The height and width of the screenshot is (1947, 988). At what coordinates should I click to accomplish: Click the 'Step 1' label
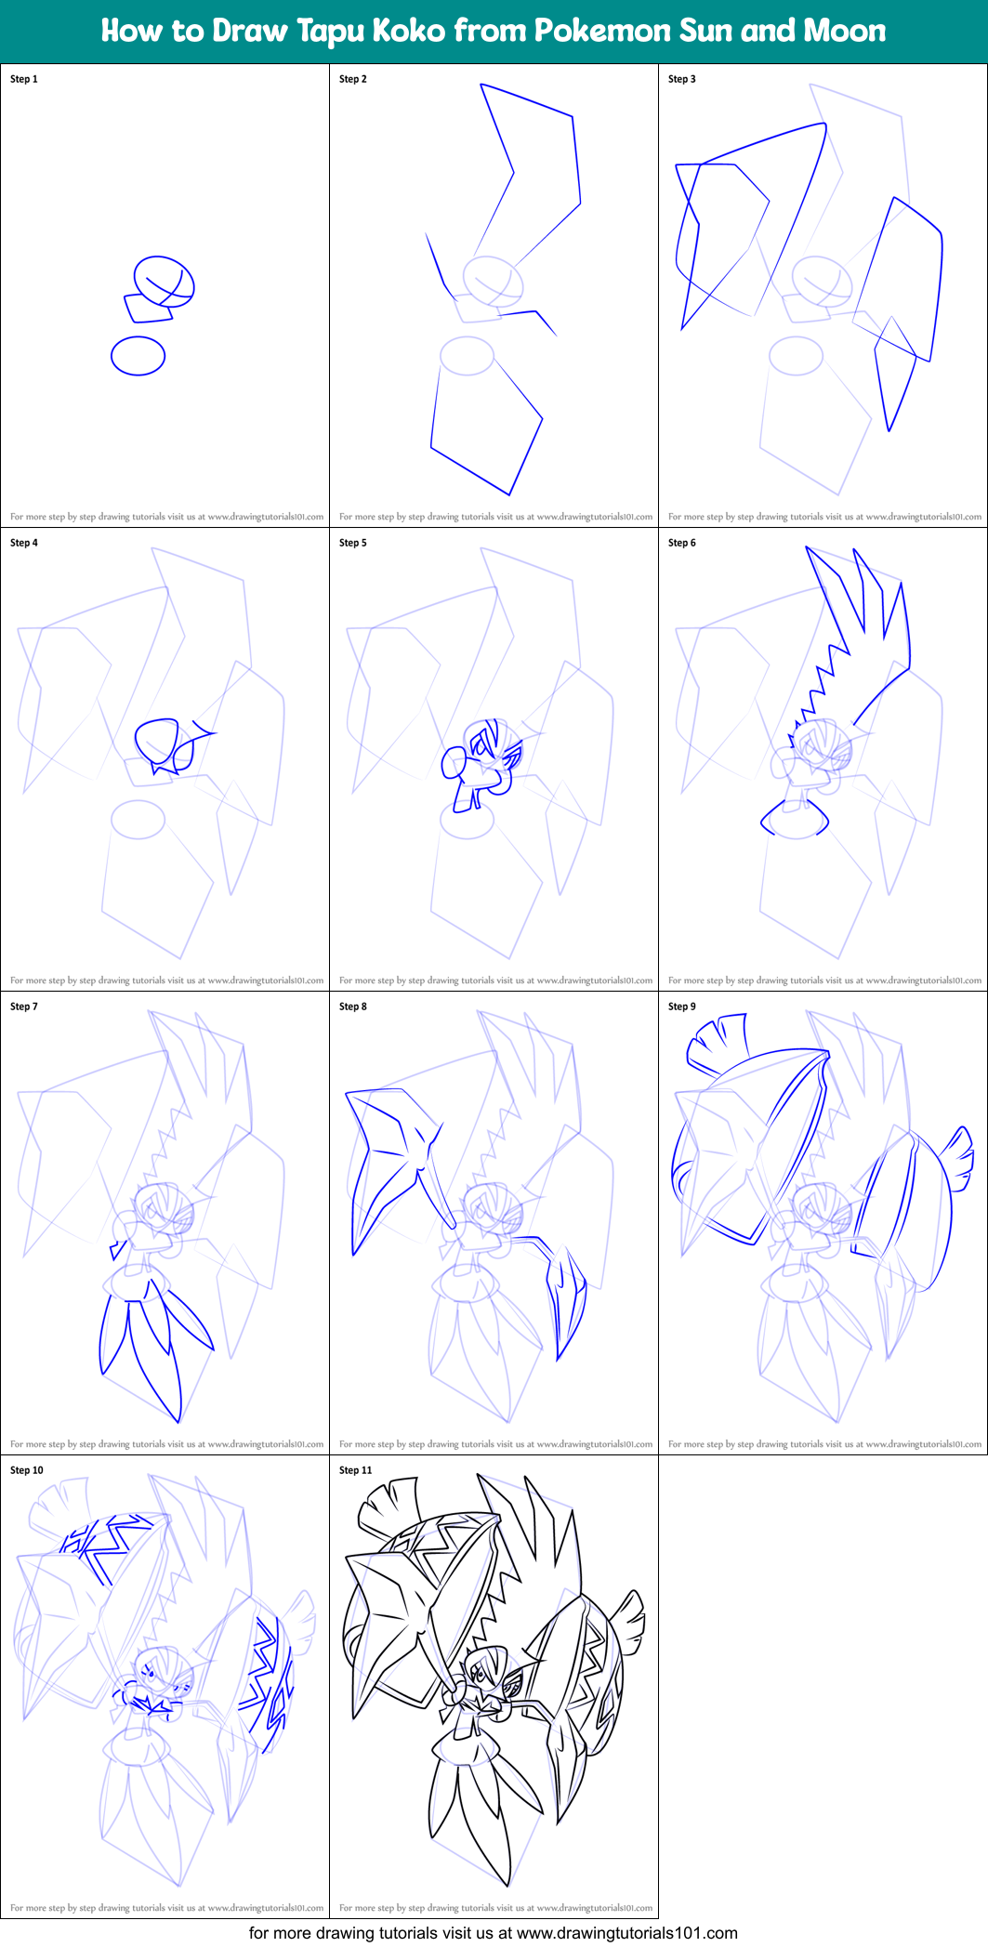point(24,79)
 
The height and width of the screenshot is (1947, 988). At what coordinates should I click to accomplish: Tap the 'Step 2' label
point(353,79)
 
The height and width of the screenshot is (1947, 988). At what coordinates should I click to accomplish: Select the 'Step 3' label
point(682,79)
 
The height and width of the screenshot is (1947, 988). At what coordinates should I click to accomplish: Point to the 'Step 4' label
point(24,543)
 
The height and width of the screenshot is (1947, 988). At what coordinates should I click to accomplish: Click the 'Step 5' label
point(353,543)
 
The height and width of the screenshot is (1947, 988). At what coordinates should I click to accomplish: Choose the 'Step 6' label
point(682,543)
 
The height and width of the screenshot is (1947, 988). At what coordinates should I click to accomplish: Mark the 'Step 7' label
point(24,1006)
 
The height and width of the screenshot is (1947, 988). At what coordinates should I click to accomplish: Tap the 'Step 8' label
point(353,1006)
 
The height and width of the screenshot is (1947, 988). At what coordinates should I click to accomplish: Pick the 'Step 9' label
point(682,1006)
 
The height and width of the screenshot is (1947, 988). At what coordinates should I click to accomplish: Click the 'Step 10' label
point(27,1470)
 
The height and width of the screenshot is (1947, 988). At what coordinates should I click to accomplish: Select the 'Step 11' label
point(356,1470)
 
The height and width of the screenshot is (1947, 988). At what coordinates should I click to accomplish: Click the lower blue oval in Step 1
point(138,356)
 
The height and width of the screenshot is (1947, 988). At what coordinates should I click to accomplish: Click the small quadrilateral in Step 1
point(149,308)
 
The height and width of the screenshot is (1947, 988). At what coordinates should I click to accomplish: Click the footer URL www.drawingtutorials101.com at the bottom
point(627,1933)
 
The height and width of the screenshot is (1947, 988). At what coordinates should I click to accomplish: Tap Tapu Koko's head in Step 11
point(487,1671)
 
